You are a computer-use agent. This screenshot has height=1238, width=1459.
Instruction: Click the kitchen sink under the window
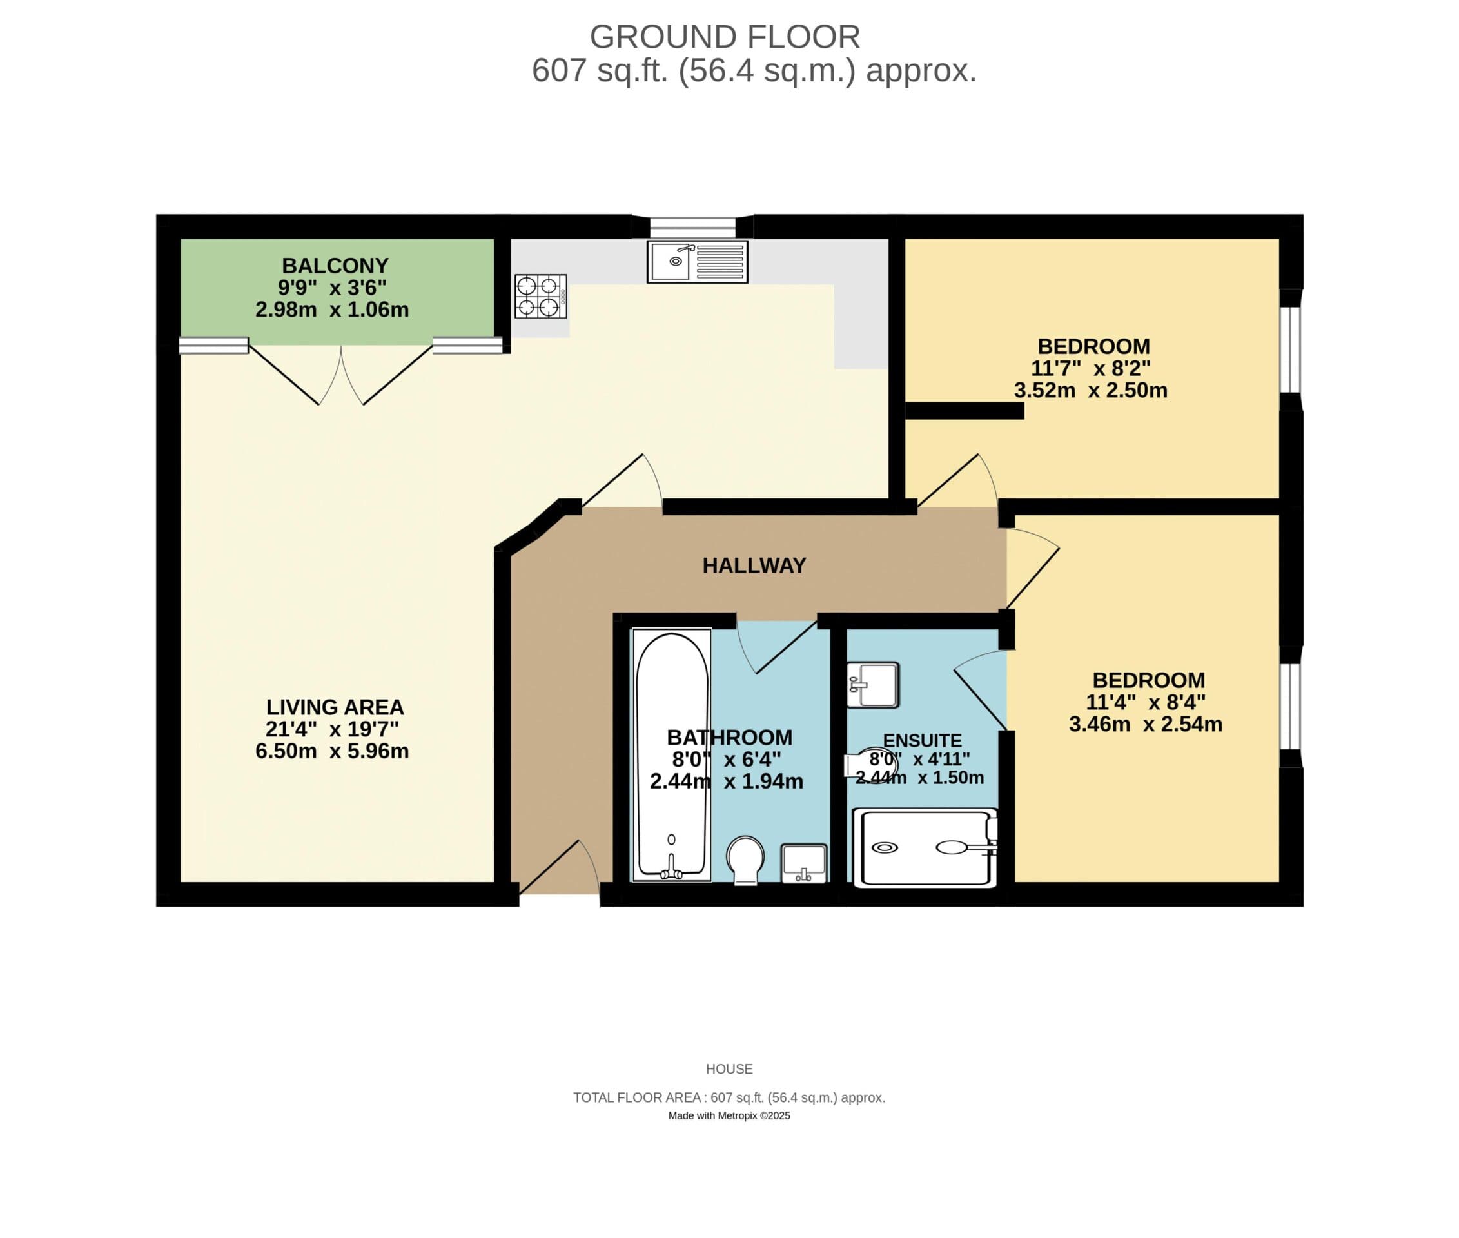tap(697, 262)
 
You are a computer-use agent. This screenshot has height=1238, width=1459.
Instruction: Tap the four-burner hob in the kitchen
tap(540, 296)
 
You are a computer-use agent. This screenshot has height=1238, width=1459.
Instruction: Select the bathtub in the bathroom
tap(672, 754)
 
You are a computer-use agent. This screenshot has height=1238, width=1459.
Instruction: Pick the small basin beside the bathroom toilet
tap(803, 863)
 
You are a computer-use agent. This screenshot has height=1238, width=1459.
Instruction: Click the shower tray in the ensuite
tap(925, 848)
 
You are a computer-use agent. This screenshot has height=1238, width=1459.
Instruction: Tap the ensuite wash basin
tap(872, 684)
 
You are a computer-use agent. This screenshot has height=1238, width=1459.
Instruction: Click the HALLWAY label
tap(754, 565)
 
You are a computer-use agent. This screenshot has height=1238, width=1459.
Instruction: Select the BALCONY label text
tap(335, 266)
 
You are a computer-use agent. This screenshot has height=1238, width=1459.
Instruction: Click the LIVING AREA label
tap(335, 707)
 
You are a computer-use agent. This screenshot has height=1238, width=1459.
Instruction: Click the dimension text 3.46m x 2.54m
tap(1144, 724)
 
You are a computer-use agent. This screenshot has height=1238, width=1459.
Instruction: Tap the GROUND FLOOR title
tap(724, 37)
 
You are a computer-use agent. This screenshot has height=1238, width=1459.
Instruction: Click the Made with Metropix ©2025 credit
tap(729, 1116)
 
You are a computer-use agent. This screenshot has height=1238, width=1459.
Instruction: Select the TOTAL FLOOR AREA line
tap(729, 1097)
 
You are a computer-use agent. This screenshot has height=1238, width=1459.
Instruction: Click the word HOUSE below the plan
tap(729, 1069)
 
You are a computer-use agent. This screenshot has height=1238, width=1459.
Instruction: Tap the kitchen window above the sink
tap(692, 227)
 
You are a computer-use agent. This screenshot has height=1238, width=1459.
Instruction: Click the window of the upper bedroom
tap(1290, 349)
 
